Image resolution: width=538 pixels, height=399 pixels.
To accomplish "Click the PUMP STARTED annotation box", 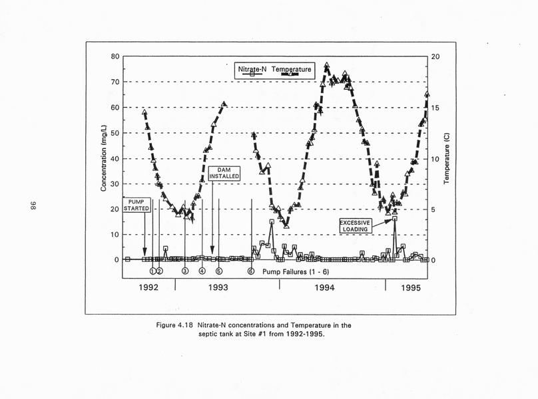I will [136, 204].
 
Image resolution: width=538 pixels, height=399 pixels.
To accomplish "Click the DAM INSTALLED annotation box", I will [224, 173].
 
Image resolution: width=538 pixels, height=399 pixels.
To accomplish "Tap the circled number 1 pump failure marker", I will [152, 271].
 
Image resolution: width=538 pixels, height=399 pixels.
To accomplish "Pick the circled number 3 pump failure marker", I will [184, 271].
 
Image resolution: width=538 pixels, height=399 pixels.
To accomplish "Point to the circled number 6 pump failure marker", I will [250, 271].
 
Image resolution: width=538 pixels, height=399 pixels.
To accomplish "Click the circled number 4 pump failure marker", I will [202, 271].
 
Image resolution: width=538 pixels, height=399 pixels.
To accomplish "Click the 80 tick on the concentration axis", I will [115, 57].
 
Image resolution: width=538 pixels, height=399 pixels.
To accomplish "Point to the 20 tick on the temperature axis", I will [435, 57].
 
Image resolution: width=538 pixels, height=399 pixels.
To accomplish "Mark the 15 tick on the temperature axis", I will [435, 108].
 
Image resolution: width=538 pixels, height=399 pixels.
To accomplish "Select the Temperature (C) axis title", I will [447, 158].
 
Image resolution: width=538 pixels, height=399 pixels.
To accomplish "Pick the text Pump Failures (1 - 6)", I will [295, 272].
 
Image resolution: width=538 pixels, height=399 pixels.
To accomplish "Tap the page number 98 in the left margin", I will [31, 207].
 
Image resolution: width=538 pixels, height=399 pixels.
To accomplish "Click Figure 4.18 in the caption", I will [176, 325].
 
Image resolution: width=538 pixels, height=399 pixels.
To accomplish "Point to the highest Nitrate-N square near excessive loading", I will [395, 218].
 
